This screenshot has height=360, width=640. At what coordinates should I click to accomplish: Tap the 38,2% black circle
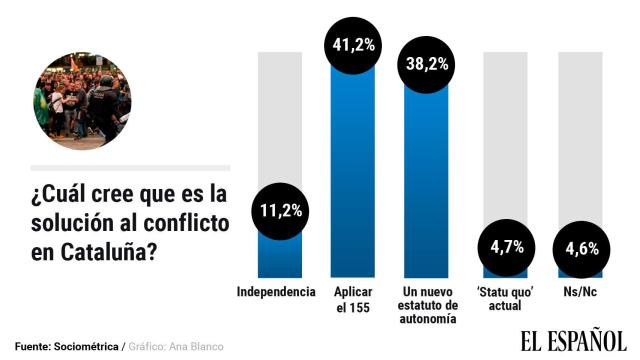[x=428, y=61]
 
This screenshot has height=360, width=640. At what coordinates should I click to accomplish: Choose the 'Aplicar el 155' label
[x=353, y=298]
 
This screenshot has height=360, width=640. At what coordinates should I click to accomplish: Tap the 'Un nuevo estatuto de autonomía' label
[x=428, y=305]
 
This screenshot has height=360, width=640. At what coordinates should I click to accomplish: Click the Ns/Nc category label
[x=579, y=292]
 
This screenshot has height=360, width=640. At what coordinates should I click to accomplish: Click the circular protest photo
[x=81, y=101]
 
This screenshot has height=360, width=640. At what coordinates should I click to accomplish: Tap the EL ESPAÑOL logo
[x=572, y=341]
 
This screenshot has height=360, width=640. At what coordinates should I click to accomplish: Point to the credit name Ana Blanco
[x=198, y=346]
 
